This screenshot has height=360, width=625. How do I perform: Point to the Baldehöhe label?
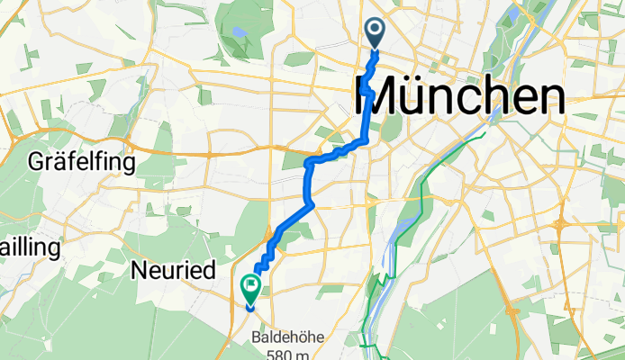(293, 338)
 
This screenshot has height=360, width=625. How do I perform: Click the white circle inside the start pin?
(375, 31)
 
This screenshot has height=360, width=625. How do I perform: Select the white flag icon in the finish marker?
(249, 285)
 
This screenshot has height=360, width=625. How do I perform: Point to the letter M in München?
(377, 95)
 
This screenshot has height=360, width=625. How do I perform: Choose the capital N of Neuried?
(139, 269)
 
